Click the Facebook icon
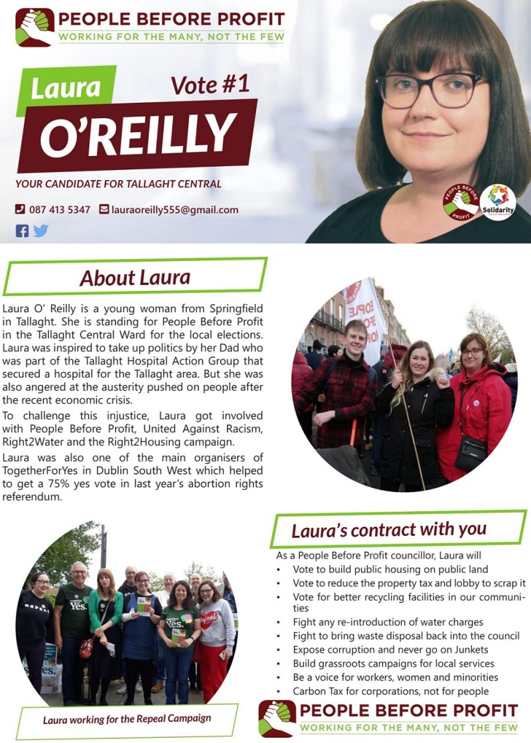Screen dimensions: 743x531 [23, 231]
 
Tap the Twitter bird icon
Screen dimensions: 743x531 [41, 231]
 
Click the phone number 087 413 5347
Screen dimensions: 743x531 [59, 210]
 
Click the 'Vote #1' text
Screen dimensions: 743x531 [209, 85]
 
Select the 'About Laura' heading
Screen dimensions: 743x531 [135, 277]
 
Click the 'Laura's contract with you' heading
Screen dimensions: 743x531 [389, 530]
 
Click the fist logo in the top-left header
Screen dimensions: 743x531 [35, 27]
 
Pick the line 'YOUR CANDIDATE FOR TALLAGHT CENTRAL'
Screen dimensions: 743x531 [119, 184]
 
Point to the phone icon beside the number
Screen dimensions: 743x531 [20, 210]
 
